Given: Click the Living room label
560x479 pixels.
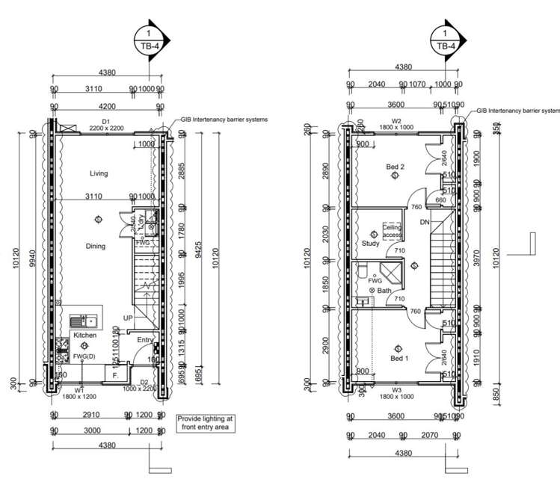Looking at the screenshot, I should tap(99, 173).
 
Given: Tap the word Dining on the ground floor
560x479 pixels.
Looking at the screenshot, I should tap(96, 246).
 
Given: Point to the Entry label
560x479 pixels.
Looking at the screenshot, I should tap(146, 340).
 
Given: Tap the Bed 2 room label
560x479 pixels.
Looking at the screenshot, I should tap(395, 167).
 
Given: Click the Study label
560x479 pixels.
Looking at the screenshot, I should tap(371, 243).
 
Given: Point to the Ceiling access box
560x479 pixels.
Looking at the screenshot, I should tap(393, 231).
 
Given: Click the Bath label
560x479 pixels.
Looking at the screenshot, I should tap(384, 290).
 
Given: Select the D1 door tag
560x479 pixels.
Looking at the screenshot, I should tap(106, 120).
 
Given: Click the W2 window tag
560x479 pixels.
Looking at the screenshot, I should tap(397, 120).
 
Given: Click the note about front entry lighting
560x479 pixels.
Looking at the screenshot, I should tap(205, 423).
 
